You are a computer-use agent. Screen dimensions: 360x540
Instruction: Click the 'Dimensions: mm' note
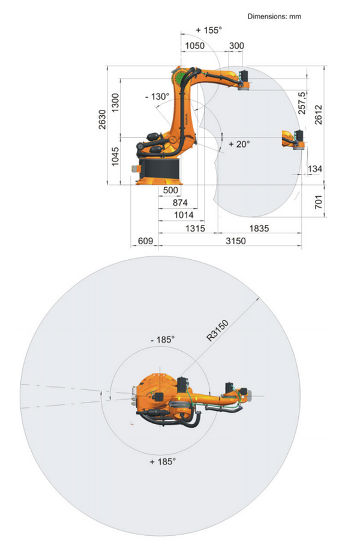[x=274, y=16]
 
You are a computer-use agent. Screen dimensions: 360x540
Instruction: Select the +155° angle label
[x=209, y=31]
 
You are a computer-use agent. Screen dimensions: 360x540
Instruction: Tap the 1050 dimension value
[x=194, y=46]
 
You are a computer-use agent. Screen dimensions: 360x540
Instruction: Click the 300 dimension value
[x=236, y=46]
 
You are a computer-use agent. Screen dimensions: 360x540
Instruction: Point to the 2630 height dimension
[x=103, y=119]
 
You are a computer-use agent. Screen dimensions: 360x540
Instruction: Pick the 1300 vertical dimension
[x=115, y=103]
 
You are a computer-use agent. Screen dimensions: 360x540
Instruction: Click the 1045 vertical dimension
[x=115, y=157]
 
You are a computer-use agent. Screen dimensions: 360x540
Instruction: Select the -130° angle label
[x=157, y=97]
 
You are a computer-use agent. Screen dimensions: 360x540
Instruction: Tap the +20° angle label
[x=239, y=144]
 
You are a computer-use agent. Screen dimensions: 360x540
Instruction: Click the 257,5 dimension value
[x=302, y=103]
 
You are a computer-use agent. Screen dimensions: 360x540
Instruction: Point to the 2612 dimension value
[x=319, y=115]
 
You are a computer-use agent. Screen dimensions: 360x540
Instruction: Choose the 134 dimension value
[x=315, y=169]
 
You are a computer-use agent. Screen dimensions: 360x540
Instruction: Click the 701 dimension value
[x=319, y=202]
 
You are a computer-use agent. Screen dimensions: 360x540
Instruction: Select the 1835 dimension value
[x=259, y=229]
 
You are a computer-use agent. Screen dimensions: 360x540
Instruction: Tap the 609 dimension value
[x=145, y=241]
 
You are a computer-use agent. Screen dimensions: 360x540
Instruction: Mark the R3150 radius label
[x=218, y=331]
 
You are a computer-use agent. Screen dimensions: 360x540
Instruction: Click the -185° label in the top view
[x=163, y=340]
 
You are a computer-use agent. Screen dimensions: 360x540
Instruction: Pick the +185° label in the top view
[x=163, y=461]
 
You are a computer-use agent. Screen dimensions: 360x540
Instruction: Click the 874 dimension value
[x=180, y=203]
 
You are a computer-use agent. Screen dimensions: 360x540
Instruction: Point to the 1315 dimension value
[x=196, y=229]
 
